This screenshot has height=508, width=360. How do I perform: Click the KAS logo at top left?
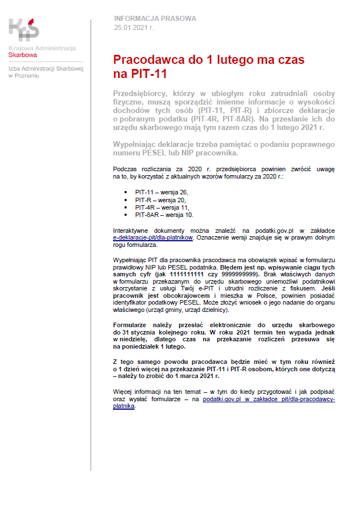[x=24, y=29]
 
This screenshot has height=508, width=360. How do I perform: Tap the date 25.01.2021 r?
[x=133, y=27]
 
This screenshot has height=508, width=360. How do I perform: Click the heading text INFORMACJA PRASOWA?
[x=155, y=19]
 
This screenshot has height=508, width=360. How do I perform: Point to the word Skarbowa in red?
[x=23, y=55]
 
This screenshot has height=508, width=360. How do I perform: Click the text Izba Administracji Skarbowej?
[x=46, y=68]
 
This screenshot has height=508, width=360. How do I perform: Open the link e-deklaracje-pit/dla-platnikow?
[x=153, y=238]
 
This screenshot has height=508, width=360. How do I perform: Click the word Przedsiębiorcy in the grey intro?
[x=140, y=93]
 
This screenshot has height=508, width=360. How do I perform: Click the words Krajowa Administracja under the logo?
[x=42, y=48]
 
